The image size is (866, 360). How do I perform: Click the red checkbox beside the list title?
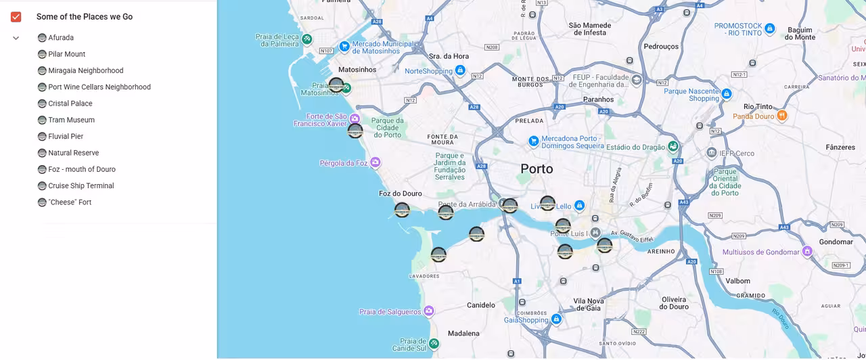(x=16, y=17)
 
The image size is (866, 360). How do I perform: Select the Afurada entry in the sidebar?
(x=61, y=38)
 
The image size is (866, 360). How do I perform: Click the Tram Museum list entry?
(x=71, y=120)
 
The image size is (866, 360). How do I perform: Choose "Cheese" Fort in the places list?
(x=70, y=202)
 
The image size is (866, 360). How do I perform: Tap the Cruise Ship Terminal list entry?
(x=81, y=186)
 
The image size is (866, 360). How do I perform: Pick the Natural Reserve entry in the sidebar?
(x=73, y=153)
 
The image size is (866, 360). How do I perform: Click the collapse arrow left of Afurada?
(x=16, y=38)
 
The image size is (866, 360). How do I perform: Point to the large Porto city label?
(x=537, y=168)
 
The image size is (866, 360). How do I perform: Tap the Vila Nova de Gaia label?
(x=588, y=305)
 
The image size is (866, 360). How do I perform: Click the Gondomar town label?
(x=836, y=242)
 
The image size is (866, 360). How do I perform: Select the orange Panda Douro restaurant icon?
(x=782, y=116)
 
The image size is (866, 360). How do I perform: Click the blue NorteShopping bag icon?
(x=460, y=70)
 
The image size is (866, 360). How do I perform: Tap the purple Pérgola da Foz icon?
(x=375, y=162)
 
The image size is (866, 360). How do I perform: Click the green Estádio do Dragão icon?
(x=673, y=146)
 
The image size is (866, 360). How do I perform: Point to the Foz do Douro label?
(x=400, y=194)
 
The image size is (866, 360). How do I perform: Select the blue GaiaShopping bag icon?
(x=556, y=319)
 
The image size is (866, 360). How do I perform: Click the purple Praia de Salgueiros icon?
(x=428, y=311)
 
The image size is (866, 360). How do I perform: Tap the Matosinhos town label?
(x=357, y=70)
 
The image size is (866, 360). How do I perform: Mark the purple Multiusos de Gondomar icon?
(x=806, y=252)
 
